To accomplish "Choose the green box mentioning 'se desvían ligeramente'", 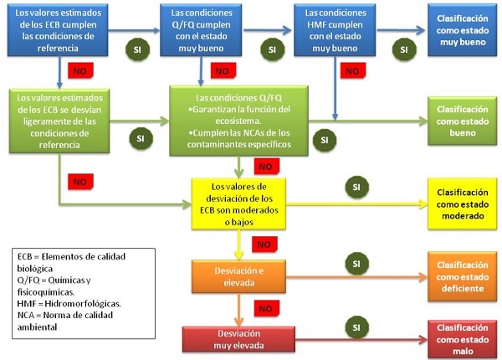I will (59, 121).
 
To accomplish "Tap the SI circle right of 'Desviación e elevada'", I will (356, 264).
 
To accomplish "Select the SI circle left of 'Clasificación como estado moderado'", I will (356, 186).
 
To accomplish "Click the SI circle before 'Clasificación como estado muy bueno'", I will (404, 49).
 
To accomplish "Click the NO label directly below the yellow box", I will (262, 244).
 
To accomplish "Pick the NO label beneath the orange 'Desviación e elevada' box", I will (264, 308).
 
